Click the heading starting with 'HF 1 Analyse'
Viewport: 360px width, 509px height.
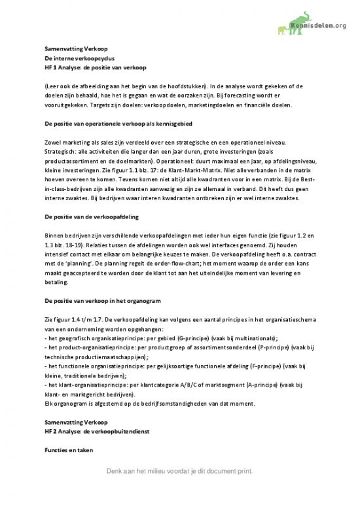tap(83, 67)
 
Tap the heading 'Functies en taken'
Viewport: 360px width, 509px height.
tap(64, 451)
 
